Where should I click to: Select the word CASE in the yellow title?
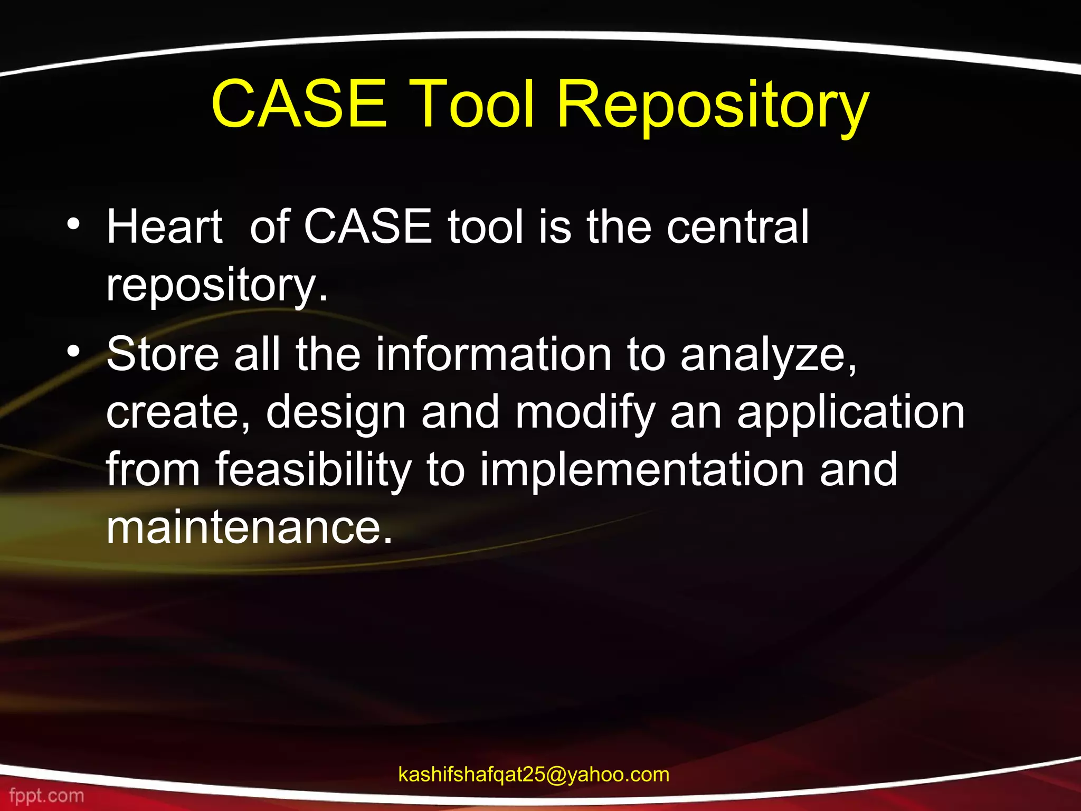pos(299,104)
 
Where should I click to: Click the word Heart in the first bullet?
pos(164,227)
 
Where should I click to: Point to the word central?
pos(737,227)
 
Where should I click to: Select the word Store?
pos(163,354)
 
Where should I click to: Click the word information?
pos(493,354)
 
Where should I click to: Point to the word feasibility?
pos(313,470)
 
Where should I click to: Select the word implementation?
pos(641,470)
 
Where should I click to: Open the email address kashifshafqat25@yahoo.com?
pos(534,775)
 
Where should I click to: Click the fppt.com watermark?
pos(46,795)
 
